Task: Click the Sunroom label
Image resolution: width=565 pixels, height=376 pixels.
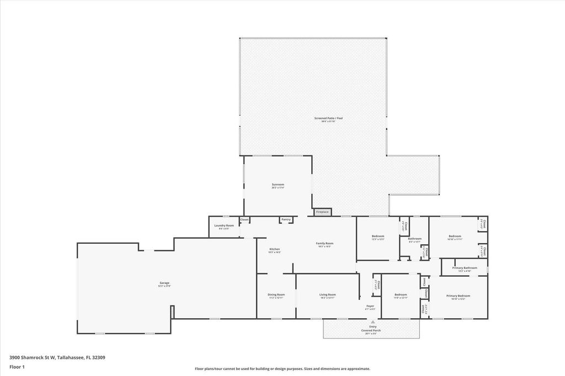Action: point(278,185)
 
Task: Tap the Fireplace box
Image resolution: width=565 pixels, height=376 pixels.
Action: point(322,212)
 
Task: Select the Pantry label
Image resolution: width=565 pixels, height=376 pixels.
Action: point(286,219)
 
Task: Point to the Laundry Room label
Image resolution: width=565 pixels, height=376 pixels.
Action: point(224,225)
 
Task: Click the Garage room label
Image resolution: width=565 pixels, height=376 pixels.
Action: point(164,283)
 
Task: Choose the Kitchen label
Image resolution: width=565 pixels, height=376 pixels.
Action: point(274,249)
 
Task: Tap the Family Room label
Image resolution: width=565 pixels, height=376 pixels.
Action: point(324,243)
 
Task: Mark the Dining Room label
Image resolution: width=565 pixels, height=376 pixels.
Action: point(276,294)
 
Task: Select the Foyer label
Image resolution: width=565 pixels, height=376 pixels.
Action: point(370,306)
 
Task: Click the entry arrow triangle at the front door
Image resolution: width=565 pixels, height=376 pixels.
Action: point(372,321)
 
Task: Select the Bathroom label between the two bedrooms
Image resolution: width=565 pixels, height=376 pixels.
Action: point(414,239)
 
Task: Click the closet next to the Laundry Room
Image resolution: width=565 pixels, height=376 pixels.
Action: point(244,219)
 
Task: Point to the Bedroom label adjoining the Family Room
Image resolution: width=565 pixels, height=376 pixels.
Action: point(377,236)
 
